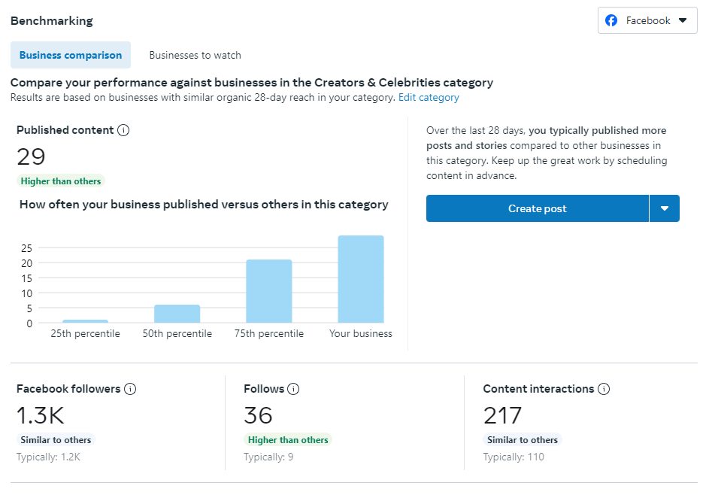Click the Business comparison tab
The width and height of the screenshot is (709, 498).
pos(71,55)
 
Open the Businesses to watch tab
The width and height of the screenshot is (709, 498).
pos(195,55)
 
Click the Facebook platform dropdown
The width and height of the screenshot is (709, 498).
pos(647,20)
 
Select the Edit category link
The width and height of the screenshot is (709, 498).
pos(429,97)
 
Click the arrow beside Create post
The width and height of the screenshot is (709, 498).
pos(665,208)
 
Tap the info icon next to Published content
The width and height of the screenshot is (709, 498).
pos(124,130)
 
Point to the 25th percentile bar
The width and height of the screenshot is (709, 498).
pos(85,321)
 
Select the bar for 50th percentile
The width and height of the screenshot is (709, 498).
pos(177,314)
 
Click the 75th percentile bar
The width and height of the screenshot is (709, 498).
pos(269,291)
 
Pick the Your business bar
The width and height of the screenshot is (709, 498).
pos(361,279)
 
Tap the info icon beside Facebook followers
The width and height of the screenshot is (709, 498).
pos(130,389)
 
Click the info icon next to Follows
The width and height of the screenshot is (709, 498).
pos(293,389)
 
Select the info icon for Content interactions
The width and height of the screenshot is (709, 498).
pos(604,389)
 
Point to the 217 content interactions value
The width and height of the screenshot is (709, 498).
pos(502,415)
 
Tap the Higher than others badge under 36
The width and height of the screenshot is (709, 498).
pos(287,440)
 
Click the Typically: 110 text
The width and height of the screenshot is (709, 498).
pos(514,457)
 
